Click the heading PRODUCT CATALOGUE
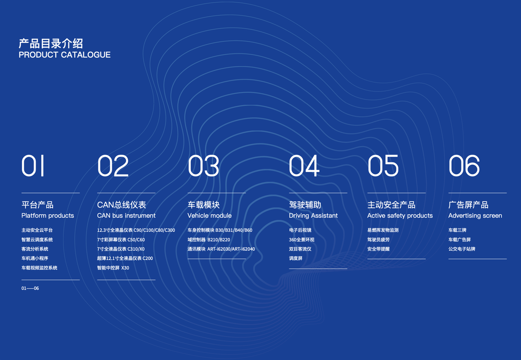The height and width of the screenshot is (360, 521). tap(64, 55)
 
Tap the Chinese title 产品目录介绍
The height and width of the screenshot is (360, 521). tap(51, 43)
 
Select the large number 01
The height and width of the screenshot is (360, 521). tap(33, 166)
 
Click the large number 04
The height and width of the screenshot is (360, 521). tap(304, 166)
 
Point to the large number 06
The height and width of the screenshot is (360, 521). tap(464, 166)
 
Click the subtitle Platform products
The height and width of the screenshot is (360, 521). tap(48, 216)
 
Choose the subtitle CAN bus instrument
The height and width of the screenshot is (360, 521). tap(126, 216)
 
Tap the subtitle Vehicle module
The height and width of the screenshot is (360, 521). tap(209, 216)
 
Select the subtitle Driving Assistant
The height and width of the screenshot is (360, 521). tap(313, 216)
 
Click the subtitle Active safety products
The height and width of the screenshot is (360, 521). tap(400, 216)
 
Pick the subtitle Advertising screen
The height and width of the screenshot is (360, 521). tap(475, 216)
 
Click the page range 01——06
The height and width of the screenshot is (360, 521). tap(30, 288)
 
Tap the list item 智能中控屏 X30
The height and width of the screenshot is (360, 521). tap(113, 268)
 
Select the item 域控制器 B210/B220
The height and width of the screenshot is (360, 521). tap(209, 239)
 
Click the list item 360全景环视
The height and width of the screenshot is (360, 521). tap(301, 239)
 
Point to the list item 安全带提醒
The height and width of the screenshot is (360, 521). tap(378, 249)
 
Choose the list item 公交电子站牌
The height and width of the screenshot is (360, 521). tap(462, 249)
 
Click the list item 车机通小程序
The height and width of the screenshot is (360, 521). tap(35, 258)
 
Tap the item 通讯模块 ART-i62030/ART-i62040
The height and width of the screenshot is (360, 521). tap(221, 249)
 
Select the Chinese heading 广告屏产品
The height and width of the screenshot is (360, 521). tap(468, 204)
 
